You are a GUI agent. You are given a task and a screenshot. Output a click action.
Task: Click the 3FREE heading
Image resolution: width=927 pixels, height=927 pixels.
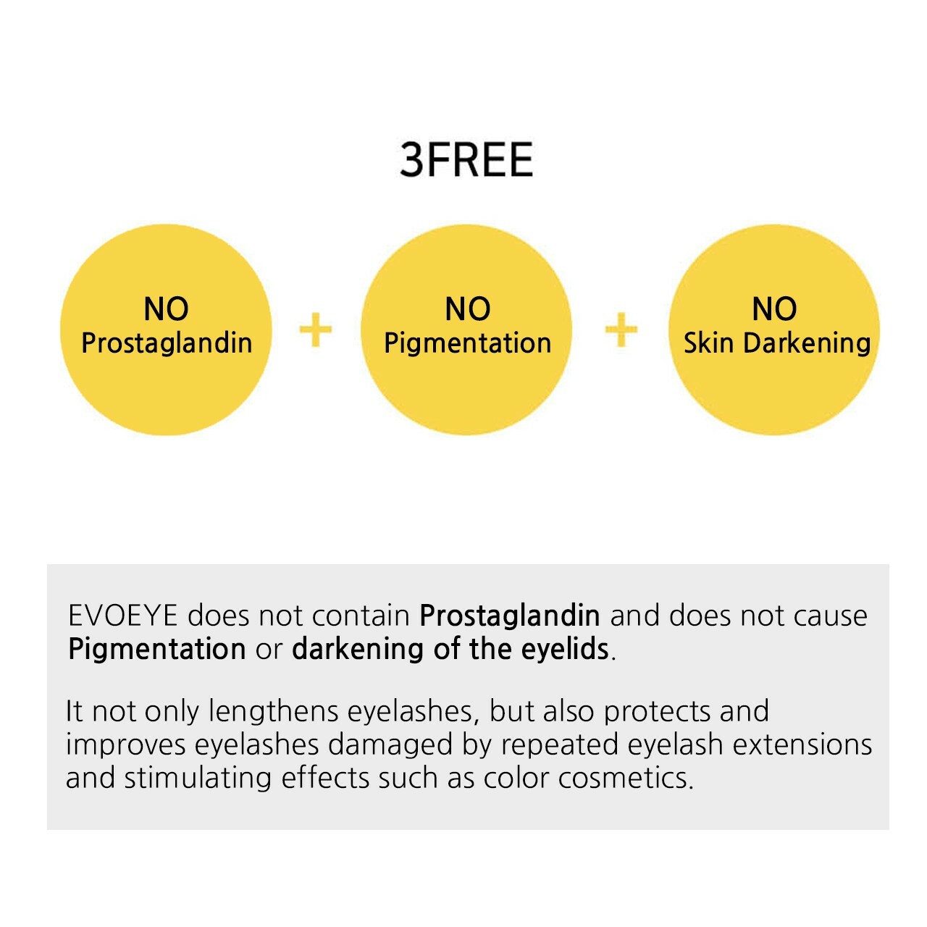[466, 160]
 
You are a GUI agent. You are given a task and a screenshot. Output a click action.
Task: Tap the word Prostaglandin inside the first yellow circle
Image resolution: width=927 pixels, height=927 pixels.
[167, 344]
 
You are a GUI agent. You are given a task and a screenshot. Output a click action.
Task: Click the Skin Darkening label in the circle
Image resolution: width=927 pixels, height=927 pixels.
[777, 343]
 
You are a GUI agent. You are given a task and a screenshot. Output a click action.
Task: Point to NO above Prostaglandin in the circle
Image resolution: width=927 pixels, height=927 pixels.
[166, 309]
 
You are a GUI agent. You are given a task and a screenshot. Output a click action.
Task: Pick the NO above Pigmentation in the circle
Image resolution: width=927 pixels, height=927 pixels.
[468, 309]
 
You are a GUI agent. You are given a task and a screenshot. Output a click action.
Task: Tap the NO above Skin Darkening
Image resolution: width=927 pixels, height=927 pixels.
[774, 309]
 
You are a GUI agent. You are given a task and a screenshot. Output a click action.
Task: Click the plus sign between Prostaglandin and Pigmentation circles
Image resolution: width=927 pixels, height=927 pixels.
[316, 330]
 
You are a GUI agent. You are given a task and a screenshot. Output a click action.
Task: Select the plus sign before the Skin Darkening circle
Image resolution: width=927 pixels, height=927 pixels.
[621, 330]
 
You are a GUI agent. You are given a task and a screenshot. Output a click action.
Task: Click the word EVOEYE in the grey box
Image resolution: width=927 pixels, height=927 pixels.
[123, 616]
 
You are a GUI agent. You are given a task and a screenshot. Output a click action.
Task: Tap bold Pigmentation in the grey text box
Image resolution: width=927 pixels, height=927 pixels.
[157, 650]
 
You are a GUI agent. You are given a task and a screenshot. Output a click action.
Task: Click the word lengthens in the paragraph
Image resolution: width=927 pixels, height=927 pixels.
[273, 713]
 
